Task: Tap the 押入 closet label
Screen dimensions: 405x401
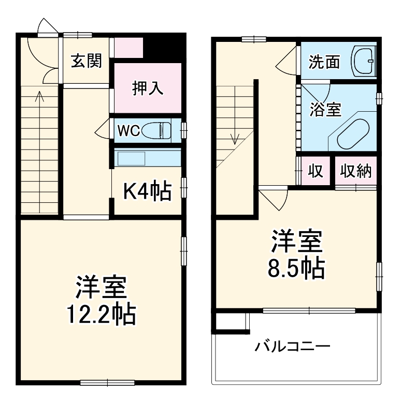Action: pos(148,88)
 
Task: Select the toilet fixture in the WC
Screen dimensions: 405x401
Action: pos(158,130)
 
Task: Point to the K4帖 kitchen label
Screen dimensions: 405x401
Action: pos(147,192)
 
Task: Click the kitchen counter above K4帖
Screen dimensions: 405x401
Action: pos(147,157)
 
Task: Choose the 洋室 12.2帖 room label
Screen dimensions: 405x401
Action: pos(102,300)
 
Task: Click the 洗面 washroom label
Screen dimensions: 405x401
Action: pos(324,62)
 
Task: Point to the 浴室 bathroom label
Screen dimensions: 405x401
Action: pos(325,109)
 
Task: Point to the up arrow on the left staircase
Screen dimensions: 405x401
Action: pos(39,97)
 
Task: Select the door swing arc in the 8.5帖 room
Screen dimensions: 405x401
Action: pos(274,199)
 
